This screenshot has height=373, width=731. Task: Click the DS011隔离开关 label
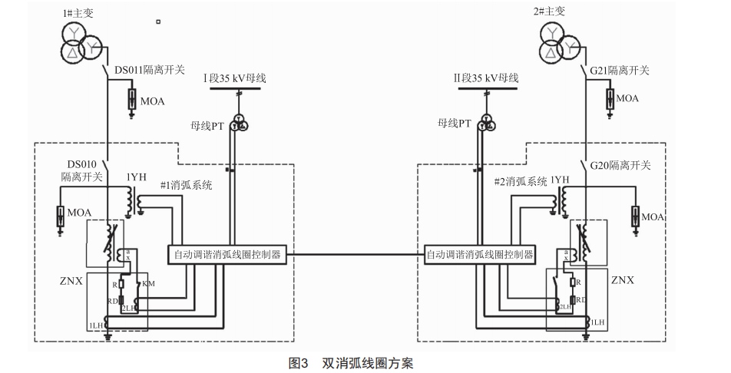[150, 71]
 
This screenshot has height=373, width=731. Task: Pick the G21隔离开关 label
[620, 71]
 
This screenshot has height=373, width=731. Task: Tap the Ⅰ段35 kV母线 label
[234, 78]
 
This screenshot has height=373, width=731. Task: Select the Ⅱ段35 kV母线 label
[486, 78]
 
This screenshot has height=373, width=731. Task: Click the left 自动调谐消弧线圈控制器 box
[227, 254]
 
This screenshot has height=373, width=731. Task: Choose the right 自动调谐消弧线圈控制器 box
[481, 254]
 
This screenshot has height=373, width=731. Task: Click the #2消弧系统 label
[521, 182]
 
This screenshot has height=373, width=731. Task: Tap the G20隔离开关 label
[620, 165]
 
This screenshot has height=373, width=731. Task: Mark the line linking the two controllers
[354, 254]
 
